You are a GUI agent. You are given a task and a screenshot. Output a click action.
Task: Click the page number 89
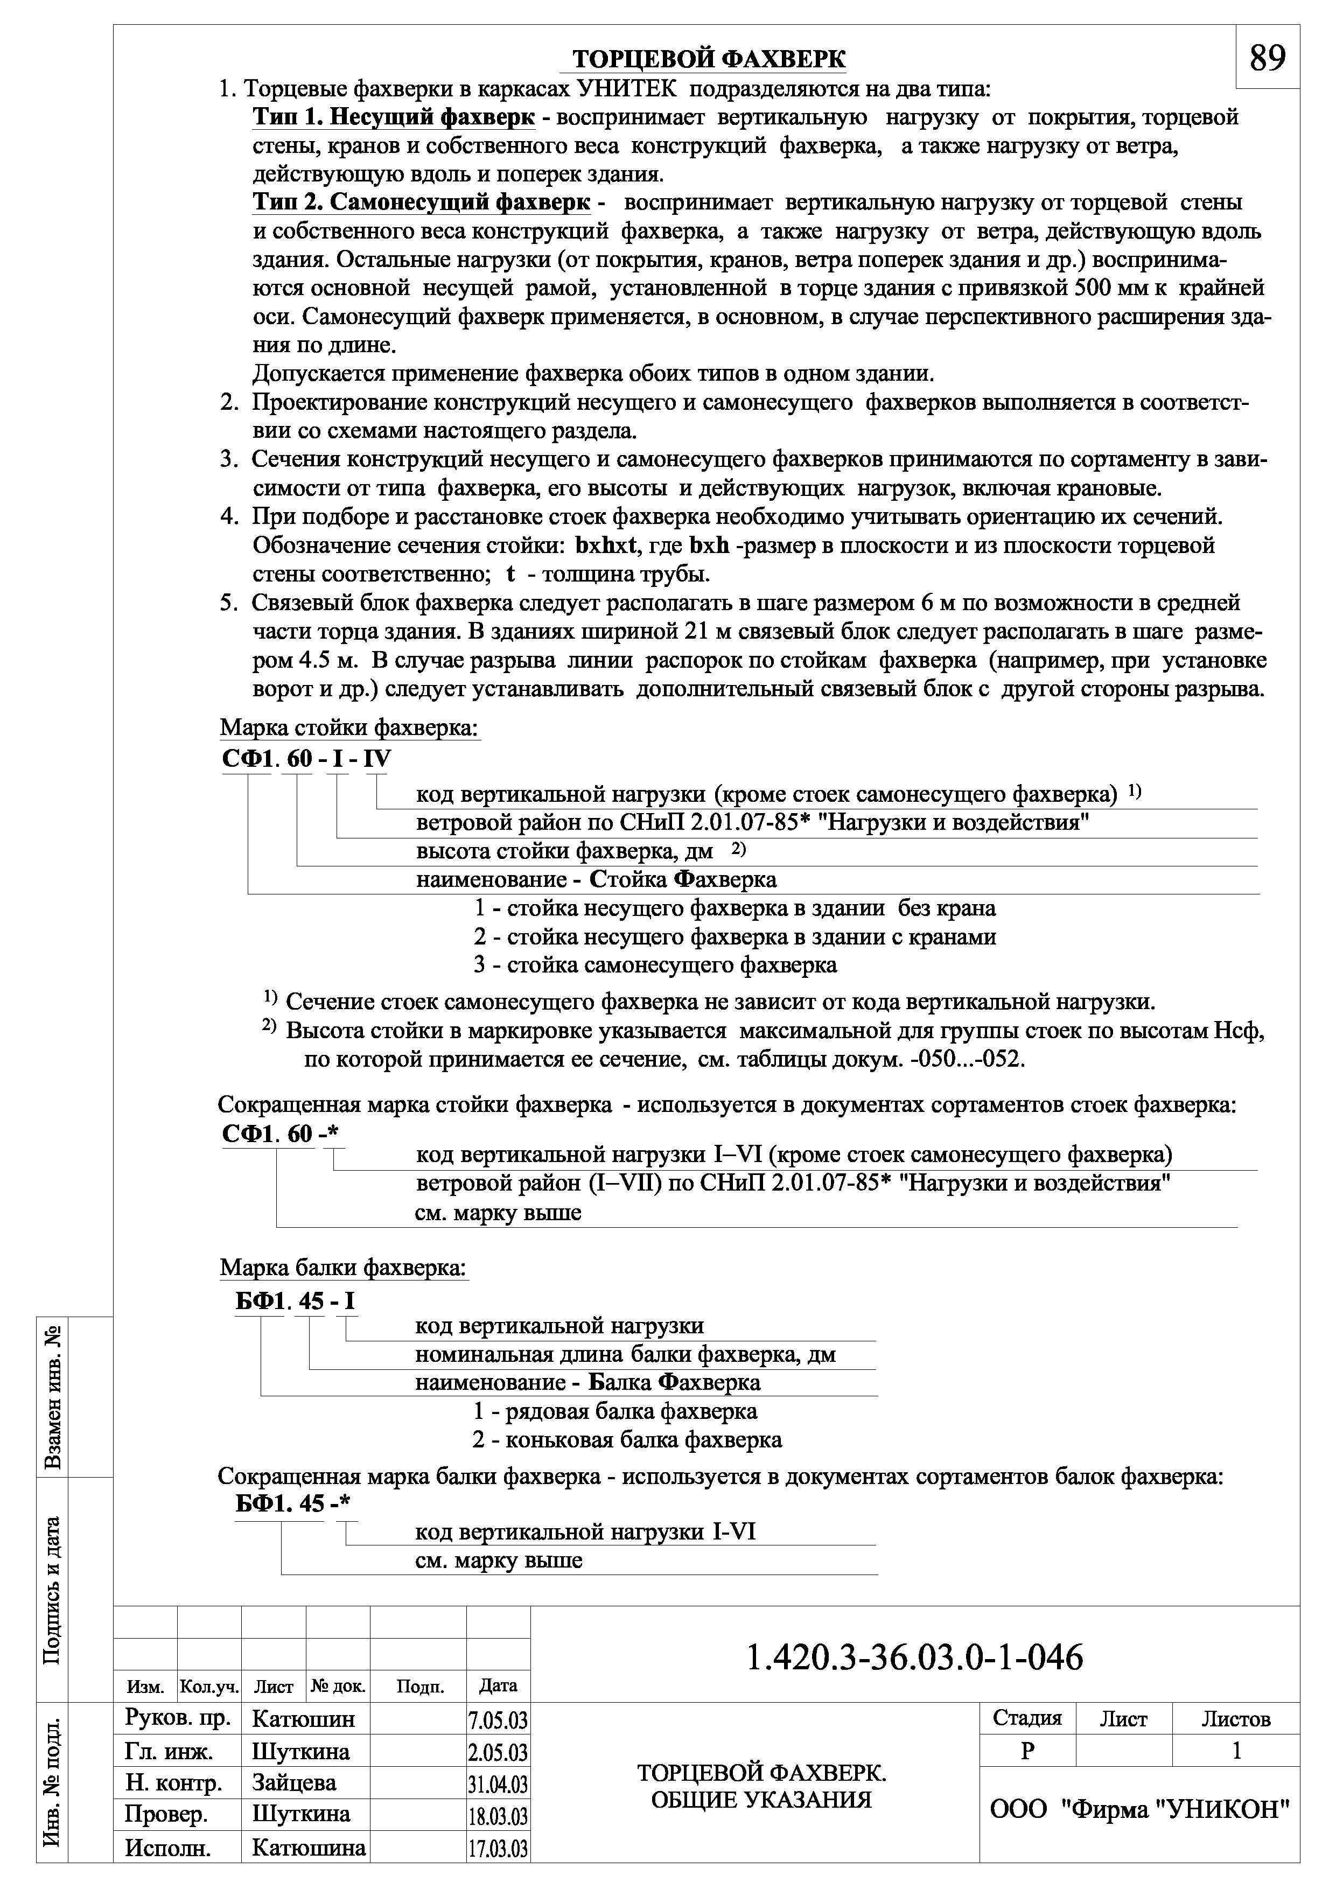[1268, 58]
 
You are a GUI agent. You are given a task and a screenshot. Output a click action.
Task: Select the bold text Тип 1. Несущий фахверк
[393, 117]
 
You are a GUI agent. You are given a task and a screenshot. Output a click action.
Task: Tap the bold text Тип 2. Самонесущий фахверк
[421, 202]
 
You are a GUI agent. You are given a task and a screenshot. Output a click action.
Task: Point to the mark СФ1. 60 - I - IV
[307, 759]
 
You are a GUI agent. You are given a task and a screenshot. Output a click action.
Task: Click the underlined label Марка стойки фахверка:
[349, 728]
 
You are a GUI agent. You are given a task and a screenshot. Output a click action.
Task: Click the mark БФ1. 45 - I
[295, 1301]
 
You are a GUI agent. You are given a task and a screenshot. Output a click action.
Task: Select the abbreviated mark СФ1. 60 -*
[281, 1134]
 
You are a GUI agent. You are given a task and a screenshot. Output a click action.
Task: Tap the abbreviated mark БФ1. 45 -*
[292, 1503]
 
